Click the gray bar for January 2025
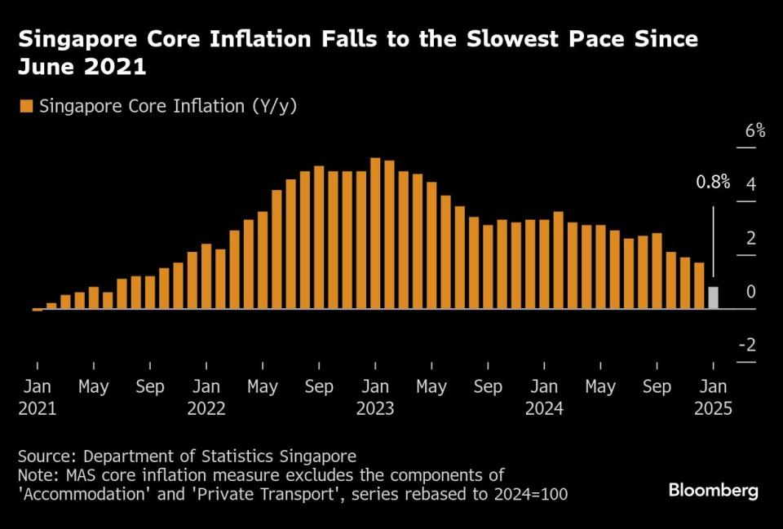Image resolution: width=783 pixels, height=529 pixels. click(714, 298)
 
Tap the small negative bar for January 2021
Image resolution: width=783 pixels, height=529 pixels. click(37, 310)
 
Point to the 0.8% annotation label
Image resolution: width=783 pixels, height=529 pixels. click(712, 183)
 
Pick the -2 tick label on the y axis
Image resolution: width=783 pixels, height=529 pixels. click(746, 346)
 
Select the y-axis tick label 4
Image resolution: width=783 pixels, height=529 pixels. click(751, 184)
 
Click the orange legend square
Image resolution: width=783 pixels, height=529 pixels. click(25, 106)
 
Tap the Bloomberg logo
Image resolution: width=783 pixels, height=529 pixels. click(714, 491)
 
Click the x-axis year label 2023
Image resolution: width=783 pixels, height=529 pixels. click(375, 409)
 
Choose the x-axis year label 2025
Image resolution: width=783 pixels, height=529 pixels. click(714, 409)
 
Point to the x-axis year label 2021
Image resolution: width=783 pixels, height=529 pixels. click(38, 409)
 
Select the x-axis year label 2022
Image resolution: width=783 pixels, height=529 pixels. click(206, 409)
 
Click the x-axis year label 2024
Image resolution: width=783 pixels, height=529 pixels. click(544, 409)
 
